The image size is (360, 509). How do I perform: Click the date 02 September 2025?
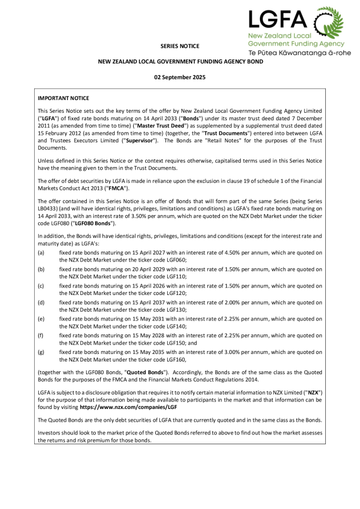click(180, 76)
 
